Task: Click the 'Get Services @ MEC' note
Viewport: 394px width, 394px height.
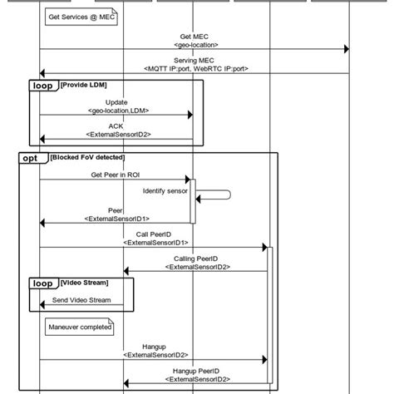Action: point(81,17)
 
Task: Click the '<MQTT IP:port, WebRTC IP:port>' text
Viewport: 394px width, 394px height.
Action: point(196,69)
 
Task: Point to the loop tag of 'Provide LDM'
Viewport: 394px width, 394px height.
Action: point(42,86)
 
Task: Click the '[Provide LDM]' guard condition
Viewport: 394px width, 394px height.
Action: point(83,85)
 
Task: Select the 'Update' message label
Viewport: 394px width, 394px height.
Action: point(117,101)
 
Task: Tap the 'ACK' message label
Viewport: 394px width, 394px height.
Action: point(117,126)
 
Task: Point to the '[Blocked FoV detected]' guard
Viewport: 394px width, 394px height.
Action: point(87,157)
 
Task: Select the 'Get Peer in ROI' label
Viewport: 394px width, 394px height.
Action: point(117,175)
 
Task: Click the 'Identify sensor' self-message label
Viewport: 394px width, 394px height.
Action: point(165,191)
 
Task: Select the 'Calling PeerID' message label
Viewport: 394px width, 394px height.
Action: point(196,259)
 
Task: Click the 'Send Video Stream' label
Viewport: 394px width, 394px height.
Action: point(81,300)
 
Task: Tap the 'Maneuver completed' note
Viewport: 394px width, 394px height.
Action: point(78,328)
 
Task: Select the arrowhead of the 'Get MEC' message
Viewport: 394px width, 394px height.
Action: point(346,48)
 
